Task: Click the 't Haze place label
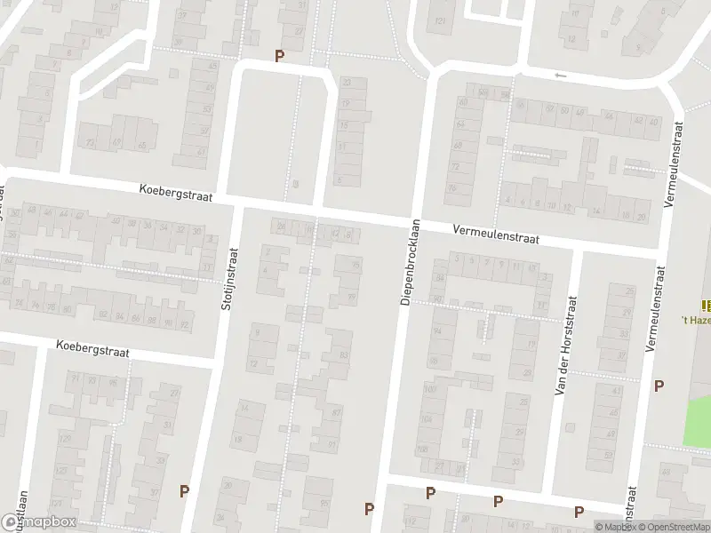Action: point(695,319)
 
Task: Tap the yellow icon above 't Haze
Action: point(706,304)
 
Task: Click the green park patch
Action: point(697,421)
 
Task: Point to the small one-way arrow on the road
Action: point(560,76)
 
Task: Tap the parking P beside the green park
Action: point(659,386)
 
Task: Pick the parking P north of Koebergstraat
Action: point(280,56)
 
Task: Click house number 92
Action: point(184,326)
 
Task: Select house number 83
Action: point(344,355)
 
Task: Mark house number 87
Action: point(337,413)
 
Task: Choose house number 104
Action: point(427,420)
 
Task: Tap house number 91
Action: point(332,444)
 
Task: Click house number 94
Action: point(436,331)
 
